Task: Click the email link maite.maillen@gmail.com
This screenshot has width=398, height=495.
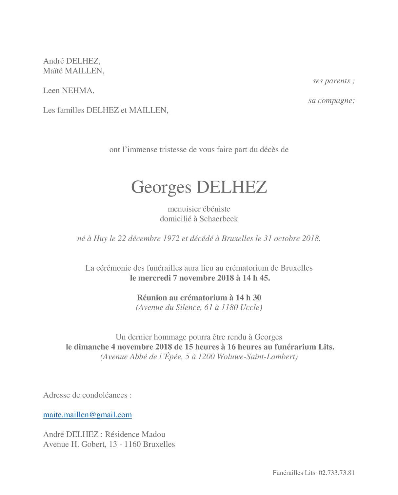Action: point(87,415)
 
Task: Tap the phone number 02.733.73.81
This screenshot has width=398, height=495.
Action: point(336,473)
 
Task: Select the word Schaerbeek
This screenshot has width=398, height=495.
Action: point(219,219)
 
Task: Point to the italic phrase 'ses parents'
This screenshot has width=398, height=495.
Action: point(331,81)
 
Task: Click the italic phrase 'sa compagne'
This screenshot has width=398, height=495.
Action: point(330,100)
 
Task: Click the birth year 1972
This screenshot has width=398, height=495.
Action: point(171,238)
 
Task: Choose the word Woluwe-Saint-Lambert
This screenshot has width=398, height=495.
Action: point(257,357)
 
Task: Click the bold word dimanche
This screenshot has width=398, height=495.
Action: point(91,347)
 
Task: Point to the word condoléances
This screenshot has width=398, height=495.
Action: point(105,395)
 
